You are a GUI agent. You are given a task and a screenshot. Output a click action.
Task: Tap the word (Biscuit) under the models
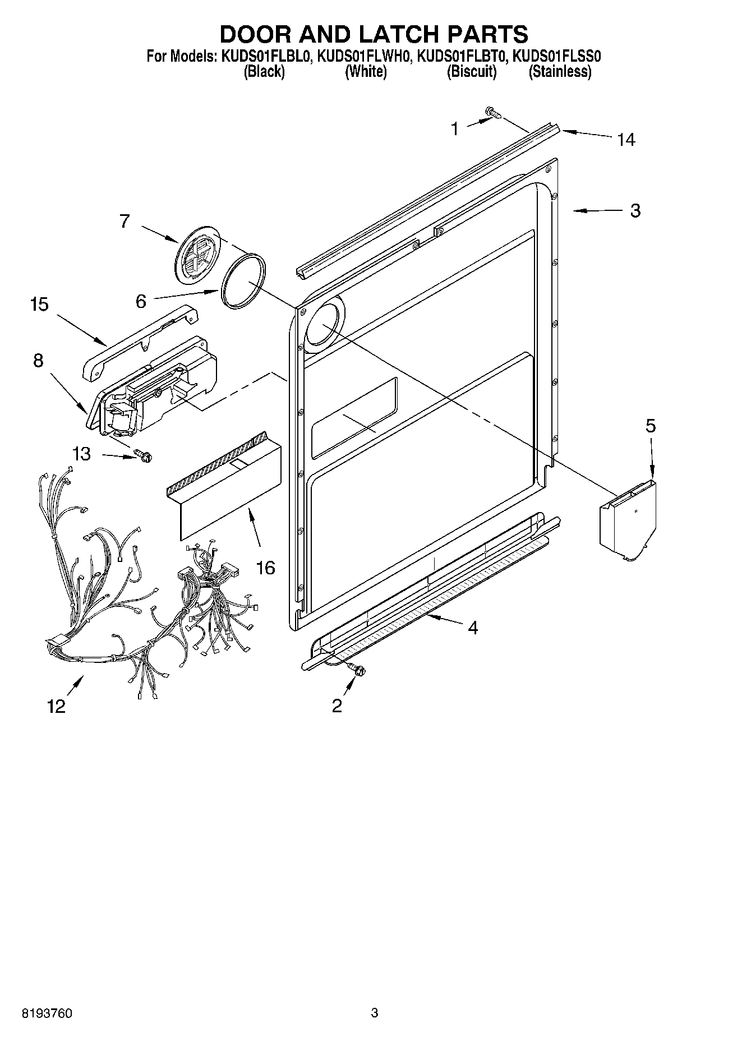coord(472,72)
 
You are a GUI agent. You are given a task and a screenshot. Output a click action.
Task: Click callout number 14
coord(626,140)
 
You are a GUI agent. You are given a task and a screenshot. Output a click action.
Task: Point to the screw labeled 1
coord(494,113)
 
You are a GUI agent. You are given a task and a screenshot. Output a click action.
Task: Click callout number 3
coord(635,211)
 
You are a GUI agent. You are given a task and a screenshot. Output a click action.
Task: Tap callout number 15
coord(39,305)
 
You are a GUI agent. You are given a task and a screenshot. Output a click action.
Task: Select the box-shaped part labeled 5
coord(628,519)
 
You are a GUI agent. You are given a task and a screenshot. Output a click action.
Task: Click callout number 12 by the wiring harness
coord(56,706)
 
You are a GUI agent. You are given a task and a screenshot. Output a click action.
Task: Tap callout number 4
coord(472,628)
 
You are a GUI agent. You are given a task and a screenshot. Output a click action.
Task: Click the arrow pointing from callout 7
coord(160,234)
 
